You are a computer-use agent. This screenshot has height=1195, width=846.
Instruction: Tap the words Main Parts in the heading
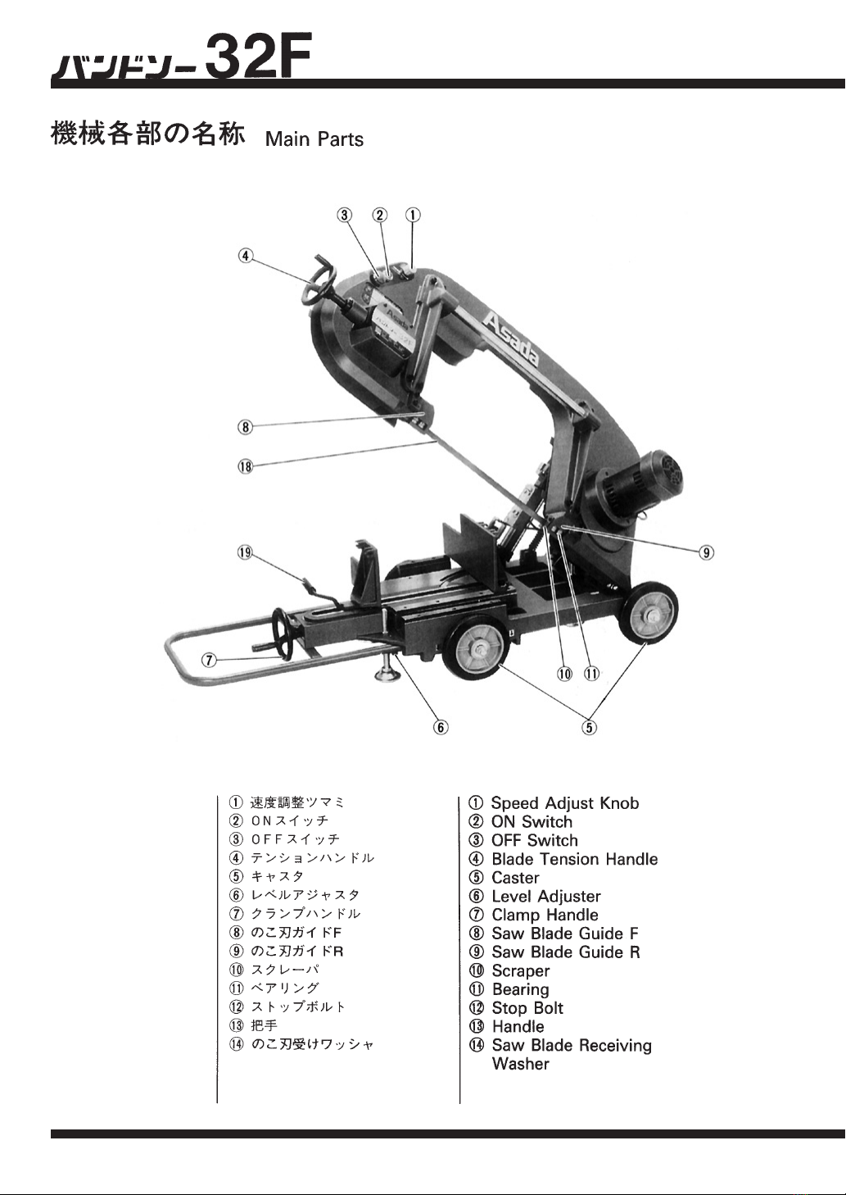pos(314,139)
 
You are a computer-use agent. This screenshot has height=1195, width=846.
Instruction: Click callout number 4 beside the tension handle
pos(245,256)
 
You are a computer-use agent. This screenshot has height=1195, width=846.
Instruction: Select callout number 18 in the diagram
pos(245,467)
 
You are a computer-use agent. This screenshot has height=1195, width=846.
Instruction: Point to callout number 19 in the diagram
pos(245,552)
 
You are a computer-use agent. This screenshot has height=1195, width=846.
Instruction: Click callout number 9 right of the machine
pos(706,552)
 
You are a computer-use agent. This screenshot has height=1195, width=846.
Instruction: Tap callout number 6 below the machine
pos(441,727)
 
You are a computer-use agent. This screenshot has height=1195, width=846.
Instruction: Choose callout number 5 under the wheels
pos(589,727)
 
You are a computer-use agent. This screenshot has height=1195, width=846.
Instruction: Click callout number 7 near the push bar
pos(209,661)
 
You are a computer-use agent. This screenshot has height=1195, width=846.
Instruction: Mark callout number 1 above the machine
pos(413,215)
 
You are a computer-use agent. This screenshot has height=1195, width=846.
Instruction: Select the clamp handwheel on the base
pos(285,630)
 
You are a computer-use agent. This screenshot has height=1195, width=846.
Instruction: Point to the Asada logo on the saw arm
pos(511,339)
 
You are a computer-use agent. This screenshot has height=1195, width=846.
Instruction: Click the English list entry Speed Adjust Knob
pos(565,803)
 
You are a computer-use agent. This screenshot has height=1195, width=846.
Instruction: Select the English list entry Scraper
pos(520,971)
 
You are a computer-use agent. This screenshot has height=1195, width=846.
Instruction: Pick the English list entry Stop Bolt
pos(527,1008)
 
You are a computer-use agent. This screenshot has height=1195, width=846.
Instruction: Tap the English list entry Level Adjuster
pos(546,897)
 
